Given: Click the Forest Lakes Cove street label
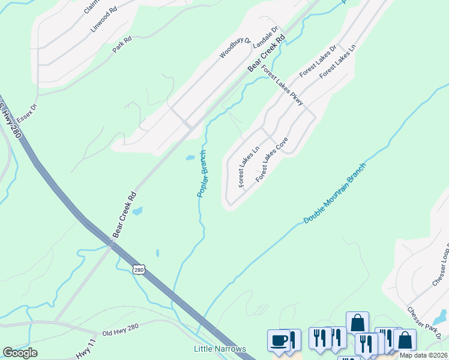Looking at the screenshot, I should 272,160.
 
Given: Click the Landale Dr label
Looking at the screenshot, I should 266,37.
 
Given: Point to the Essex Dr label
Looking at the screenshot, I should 28,113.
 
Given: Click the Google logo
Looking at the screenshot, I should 20,353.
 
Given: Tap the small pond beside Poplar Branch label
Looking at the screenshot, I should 190,157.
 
